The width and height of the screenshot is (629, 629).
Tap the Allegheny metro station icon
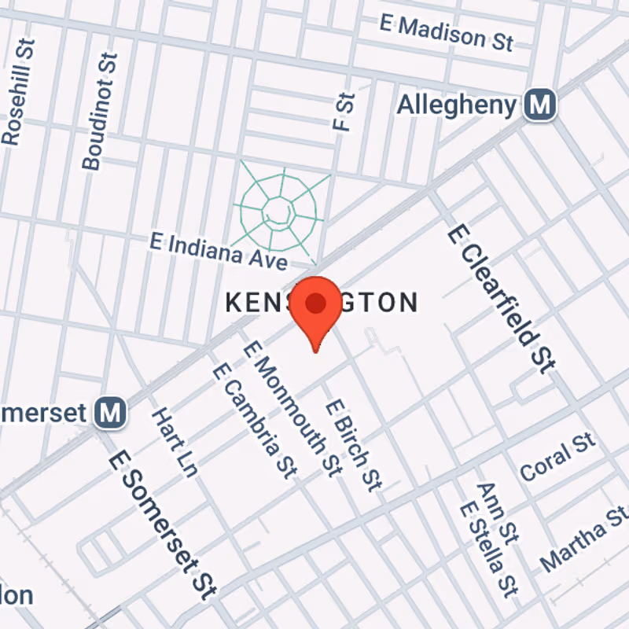(x=541, y=104)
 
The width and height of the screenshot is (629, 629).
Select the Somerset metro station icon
(x=111, y=412)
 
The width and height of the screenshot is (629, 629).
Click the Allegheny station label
(x=456, y=105)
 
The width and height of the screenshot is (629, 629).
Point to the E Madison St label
(x=446, y=31)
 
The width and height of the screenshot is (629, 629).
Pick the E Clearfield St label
(x=502, y=297)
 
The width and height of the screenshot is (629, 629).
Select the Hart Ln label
(x=174, y=442)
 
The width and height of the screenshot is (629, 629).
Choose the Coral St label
(x=557, y=457)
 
